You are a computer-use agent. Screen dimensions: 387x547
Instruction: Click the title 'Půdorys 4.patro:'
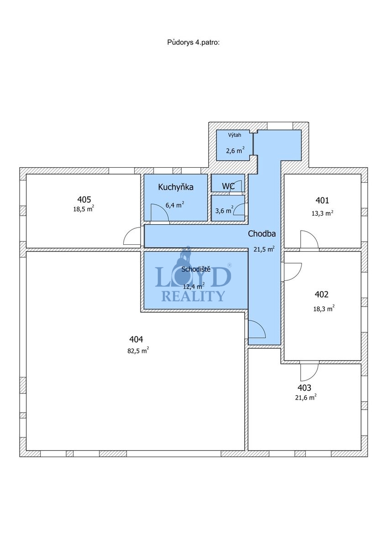193,42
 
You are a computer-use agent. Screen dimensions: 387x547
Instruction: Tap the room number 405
84,200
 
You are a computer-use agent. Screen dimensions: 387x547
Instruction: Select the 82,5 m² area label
138,351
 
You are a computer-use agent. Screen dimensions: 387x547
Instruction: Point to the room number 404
136,339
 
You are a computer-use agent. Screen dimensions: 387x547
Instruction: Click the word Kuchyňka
176,187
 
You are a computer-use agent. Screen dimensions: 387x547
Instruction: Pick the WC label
228,186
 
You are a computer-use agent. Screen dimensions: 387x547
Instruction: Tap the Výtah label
235,135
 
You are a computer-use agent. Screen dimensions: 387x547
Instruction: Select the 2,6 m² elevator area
235,150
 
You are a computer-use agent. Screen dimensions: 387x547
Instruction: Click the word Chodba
262,234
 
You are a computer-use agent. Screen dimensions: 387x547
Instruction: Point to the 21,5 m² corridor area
264,249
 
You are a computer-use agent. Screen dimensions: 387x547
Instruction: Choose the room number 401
322,201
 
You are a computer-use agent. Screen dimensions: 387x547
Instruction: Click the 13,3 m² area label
323,213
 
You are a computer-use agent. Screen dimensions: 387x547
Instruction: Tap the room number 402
321,294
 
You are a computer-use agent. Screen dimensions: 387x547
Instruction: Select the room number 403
304,387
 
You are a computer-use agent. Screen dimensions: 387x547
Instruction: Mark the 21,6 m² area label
306,398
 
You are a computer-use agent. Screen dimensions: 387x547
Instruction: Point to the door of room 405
132,236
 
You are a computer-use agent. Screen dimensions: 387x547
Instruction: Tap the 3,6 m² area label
224,210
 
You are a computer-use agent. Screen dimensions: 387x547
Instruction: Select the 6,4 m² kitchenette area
175,205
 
